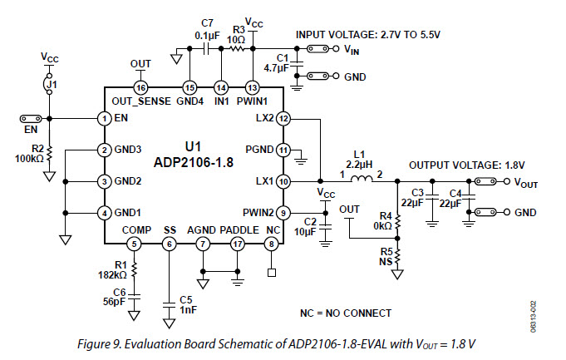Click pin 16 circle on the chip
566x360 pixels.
pos(140,87)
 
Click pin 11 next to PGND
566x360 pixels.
pos(283,150)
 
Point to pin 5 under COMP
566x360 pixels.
pos(135,244)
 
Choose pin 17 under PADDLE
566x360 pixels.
pos(238,244)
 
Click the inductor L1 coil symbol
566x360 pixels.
pos(360,180)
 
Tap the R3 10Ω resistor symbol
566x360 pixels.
pos(239,49)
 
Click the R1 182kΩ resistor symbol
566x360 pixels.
pos(135,267)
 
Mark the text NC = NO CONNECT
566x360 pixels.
pos(345,313)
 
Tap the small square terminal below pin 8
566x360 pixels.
pos(273,271)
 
